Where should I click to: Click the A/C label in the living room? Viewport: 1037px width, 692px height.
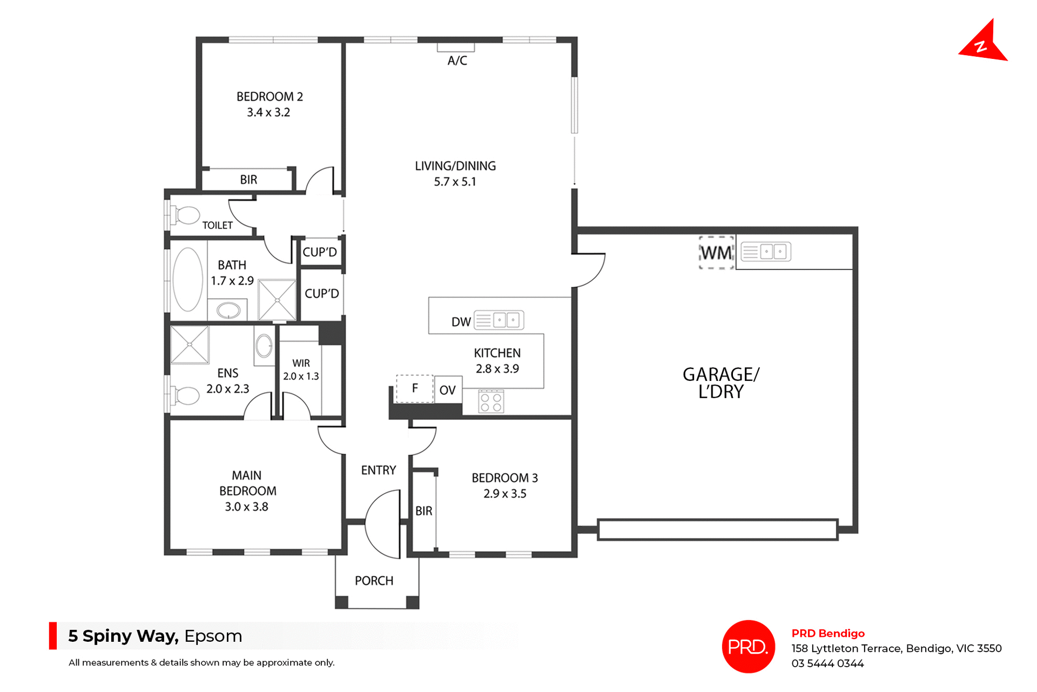tap(457, 61)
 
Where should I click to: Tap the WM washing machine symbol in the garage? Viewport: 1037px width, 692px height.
tap(716, 252)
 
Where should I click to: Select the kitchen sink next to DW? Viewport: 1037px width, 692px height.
tap(499, 320)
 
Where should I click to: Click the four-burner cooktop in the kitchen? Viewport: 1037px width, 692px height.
tap(491, 402)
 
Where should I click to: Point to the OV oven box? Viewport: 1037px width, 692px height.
tap(448, 389)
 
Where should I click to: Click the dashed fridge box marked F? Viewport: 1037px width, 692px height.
tap(415, 388)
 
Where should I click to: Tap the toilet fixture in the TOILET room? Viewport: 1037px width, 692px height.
tap(186, 215)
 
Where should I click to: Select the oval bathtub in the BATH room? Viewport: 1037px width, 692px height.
tap(187, 279)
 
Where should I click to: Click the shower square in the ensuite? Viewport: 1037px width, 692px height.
tap(190, 345)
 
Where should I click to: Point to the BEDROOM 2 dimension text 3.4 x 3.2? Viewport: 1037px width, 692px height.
tap(268, 112)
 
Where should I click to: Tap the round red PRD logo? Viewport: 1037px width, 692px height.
tap(748, 647)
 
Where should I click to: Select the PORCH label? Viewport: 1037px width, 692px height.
tap(374, 581)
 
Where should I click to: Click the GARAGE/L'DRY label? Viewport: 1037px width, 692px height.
tap(720, 382)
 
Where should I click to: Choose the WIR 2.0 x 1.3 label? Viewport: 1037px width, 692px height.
tap(301, 369)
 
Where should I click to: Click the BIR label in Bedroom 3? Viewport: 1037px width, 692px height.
tap(423, 511)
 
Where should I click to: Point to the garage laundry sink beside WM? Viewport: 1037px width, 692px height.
tap(765, 252)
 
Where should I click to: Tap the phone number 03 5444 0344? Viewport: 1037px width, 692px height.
tap(827, 663)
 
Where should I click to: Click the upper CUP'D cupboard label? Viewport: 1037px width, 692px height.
tap(320, 252)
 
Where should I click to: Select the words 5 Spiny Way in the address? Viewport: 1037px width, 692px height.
tap(123, 636)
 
